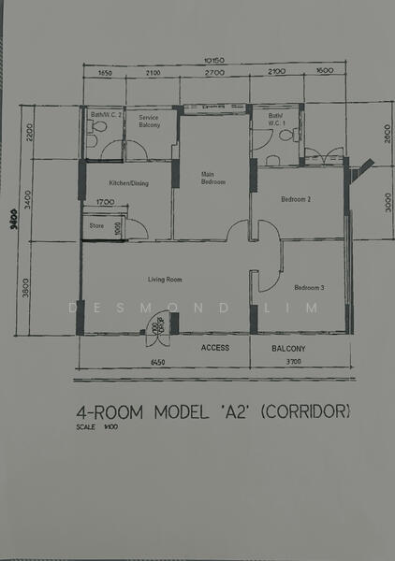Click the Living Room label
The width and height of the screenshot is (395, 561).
tap(165, 279)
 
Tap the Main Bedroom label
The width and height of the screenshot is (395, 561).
tap(213, 178)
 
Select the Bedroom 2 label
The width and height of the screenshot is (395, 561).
tap(296, 199)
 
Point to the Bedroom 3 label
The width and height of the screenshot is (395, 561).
tap(309, 287)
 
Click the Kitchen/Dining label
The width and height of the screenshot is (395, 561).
tap(128, 183)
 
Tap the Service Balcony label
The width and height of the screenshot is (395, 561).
tap(150, 122)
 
